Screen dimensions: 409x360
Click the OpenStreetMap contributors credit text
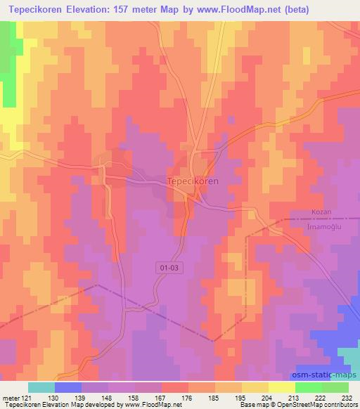[x=310, y=404]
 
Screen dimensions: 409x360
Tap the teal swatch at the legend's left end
[x=41, y=387]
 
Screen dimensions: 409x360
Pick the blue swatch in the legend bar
[x=68, y=387]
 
